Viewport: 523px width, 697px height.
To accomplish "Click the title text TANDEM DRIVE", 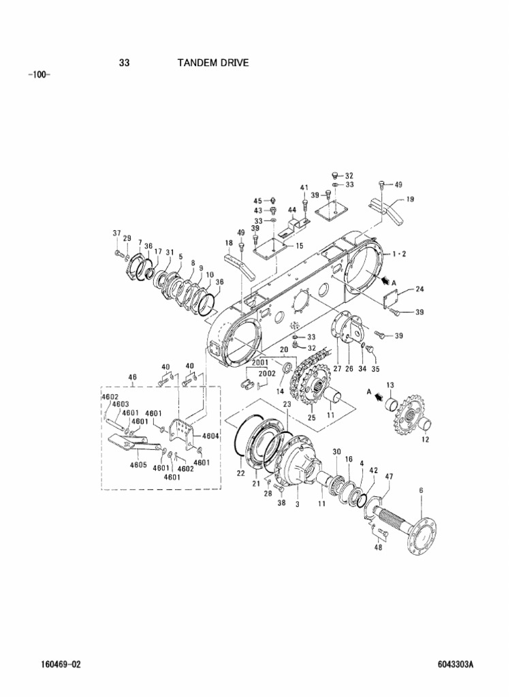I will click(x=213, y=63).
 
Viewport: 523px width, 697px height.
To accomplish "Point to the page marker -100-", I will click(x=39, y=74).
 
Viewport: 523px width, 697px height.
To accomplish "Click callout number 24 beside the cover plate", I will click(x=419, y=289).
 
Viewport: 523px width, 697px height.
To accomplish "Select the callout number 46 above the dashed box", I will click(x=132, y=376).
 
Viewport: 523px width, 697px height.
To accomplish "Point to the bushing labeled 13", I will click(x=390, y=406).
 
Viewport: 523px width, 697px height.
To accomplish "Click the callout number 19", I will click(x=410, y=199).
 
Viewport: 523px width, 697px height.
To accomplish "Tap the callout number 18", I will click(x=229, y=243).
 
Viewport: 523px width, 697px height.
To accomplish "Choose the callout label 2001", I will click(x=260, y=363).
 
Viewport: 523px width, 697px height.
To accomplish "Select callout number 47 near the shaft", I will click(x=389, y=476).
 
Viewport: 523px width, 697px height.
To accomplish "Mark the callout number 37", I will click(x=116, y=233).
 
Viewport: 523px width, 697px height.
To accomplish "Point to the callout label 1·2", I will click(x=400, y=253).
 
